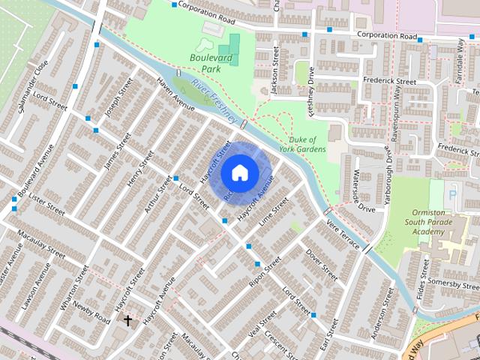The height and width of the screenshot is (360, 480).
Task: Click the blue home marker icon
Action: pos(239,172)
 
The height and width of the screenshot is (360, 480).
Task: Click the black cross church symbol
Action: pos(127,320)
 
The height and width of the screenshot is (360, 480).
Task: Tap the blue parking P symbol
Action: pos(451,194)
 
